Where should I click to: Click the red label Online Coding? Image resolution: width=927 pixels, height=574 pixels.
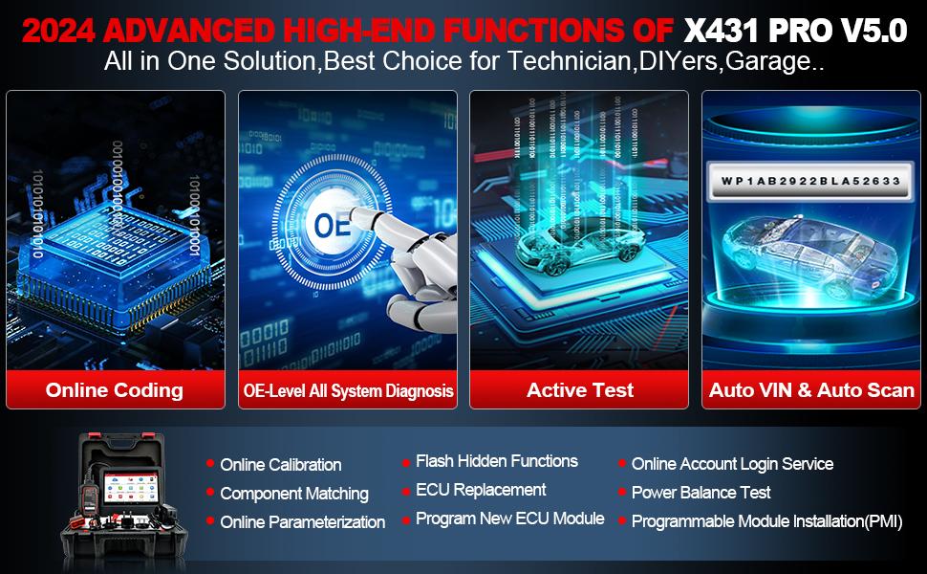115,389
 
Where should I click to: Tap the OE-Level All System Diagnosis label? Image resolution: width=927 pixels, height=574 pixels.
347,390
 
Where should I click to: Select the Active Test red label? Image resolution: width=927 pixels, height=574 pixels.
580,389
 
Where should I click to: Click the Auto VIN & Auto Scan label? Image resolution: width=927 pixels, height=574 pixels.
811,389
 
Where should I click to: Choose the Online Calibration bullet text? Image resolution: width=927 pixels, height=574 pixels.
280,465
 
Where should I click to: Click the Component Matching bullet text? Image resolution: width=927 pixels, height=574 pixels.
293,494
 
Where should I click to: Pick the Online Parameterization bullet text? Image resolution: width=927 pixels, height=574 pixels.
302,522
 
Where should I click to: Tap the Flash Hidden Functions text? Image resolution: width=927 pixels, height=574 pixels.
496,461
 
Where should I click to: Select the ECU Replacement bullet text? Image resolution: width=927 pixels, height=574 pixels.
481,490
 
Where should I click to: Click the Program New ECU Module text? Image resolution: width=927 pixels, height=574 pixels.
509,519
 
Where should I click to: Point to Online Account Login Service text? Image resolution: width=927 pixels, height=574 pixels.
732,464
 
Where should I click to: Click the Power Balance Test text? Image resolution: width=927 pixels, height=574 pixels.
701,493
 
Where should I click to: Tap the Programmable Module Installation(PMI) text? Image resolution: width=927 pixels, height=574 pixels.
766,521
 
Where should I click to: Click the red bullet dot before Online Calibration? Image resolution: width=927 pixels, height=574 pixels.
209,464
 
